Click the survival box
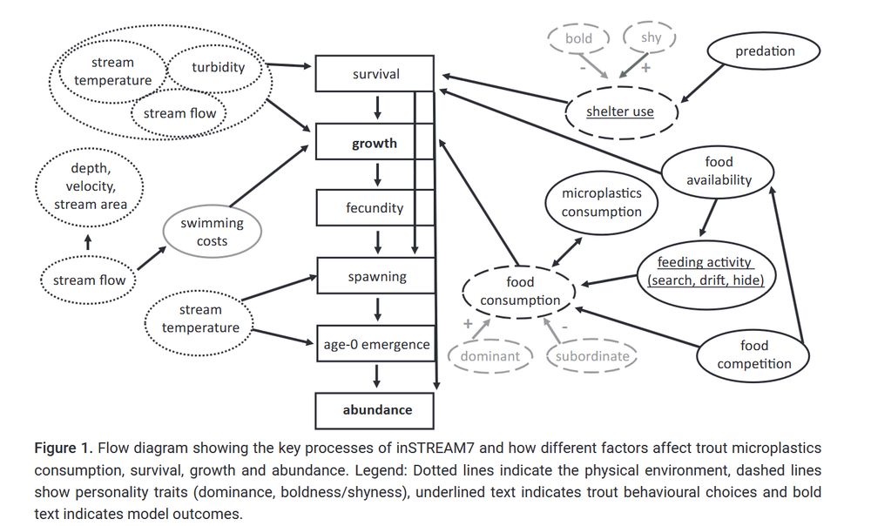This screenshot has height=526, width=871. [x=375, y=74]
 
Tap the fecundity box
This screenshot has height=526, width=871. [x=375, y=208]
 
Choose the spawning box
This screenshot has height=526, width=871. [x=376, y=277]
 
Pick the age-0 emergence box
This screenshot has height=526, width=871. [x=375, y=344]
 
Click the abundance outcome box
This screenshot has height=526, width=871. [x=376, y=409]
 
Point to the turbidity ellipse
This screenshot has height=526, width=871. [x=218, y=67]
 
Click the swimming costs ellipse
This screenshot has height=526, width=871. [x=212, y=232]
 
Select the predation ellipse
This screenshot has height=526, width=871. [x=764, y=51]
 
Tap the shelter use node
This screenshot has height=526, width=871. [x=620, y=111]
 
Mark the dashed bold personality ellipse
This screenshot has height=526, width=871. [x=578, y=39]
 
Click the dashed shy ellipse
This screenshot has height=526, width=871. [x=650, y=37]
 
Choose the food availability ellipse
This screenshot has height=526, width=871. [x=719, y=172]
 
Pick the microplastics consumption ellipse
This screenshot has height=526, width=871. [x=601, y=202]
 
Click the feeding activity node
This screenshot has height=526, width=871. [x=705, y=271]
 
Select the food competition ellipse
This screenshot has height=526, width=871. [x=753, y=354]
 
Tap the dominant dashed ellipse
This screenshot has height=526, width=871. [x=489, y=355]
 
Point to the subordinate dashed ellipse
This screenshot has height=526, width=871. [x=592, y=355]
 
